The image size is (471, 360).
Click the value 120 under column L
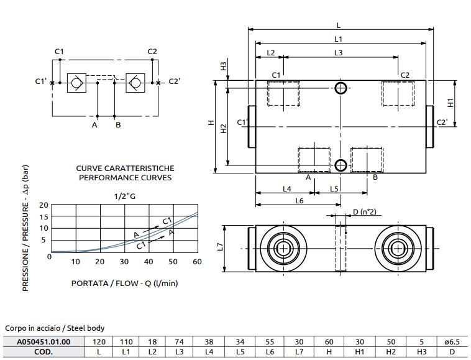(98, 341)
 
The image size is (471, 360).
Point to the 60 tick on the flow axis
(198, 262)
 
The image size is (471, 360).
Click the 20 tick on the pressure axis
(43, 205)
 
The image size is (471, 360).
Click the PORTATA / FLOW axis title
(125, 284)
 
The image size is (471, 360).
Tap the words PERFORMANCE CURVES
(125, 177)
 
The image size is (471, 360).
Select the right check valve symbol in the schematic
(134, 82)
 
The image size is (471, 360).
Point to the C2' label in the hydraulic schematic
(174, 81)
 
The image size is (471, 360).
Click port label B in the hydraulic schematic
(117, 125)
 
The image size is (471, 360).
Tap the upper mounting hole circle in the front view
(340, 88)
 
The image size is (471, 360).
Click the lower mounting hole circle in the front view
(340, 165)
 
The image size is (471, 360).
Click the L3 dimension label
(338, 53)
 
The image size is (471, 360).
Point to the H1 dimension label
(451, 102)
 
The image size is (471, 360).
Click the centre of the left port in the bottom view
(284, 247)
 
